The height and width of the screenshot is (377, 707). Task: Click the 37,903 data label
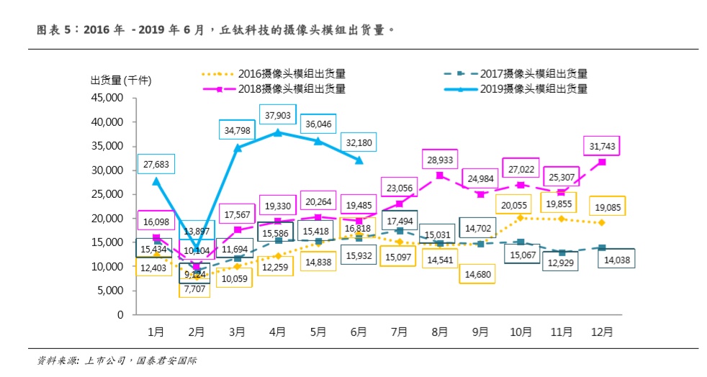(278, 115)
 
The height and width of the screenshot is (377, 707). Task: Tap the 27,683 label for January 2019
(156, 165)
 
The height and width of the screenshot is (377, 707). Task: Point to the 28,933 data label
(439, 158)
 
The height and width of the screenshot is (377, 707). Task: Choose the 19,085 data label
(606, 206)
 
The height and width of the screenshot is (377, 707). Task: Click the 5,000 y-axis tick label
(108, 291)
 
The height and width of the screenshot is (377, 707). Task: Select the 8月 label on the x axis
(439, 332)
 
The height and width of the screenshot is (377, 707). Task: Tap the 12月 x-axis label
(602, 332)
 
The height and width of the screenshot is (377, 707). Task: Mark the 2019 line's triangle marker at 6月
(359, 160)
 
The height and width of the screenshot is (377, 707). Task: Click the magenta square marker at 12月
(602, 162)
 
